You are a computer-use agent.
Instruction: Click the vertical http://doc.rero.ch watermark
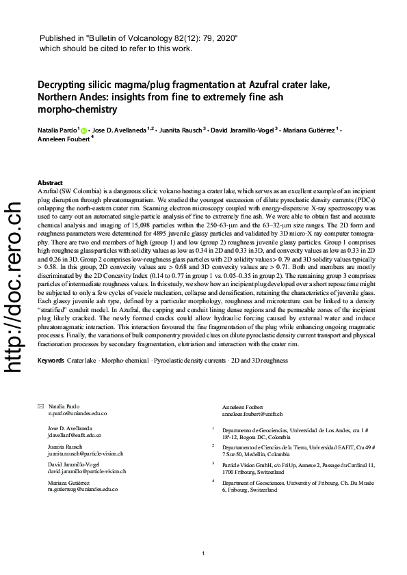click(14, 287)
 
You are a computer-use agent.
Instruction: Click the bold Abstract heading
click(50, 183)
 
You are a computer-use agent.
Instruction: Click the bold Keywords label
click(51, 360)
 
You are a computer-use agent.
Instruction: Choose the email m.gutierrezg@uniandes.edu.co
click(83, 490)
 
